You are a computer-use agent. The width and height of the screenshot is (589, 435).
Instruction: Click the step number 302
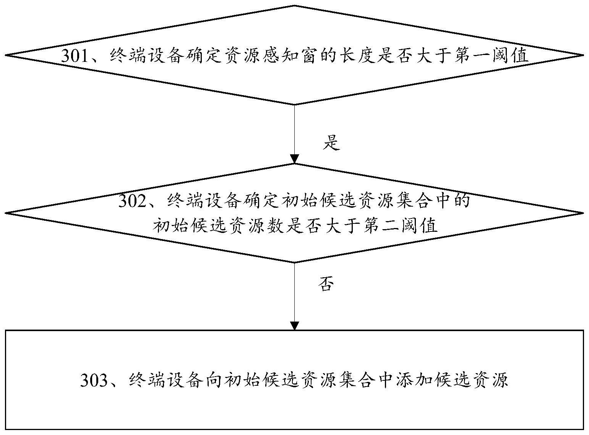(x=133, y=201)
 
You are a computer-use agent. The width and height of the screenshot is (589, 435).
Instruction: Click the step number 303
(x=95, y=380)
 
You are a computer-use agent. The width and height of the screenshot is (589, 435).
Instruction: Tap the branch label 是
(x=331, y=144)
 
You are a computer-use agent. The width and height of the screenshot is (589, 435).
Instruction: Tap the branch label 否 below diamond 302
(x=326, y=284)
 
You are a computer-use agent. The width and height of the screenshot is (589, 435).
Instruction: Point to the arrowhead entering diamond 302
(x=294, y=159)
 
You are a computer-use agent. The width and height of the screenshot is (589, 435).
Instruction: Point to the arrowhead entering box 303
(x=294, y=325)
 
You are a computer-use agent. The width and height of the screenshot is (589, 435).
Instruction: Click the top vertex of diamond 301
(x=294, y=6)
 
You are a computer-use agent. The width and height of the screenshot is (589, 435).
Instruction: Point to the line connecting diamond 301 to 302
(x=294, y=130)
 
